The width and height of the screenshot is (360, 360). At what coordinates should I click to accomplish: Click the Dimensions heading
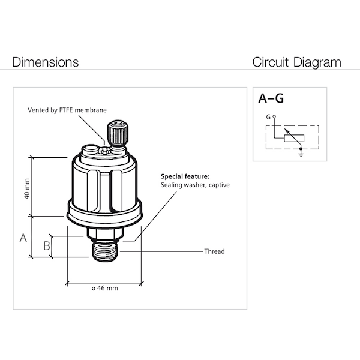[x=46, y=62]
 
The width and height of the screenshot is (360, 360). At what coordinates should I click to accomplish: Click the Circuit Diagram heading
[x=296, y=62]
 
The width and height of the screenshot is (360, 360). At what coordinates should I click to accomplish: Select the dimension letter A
[x=23, y=238]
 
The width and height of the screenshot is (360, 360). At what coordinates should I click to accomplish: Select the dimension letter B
[x=46, y=245]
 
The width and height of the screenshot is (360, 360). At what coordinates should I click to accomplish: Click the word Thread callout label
[x=214, y=251]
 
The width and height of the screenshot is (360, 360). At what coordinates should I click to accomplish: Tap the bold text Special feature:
[x=185, y=177]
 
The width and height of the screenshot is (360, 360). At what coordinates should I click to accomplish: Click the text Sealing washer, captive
[x=195, y=185]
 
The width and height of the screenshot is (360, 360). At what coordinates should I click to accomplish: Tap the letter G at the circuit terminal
[x=268, y=116]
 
